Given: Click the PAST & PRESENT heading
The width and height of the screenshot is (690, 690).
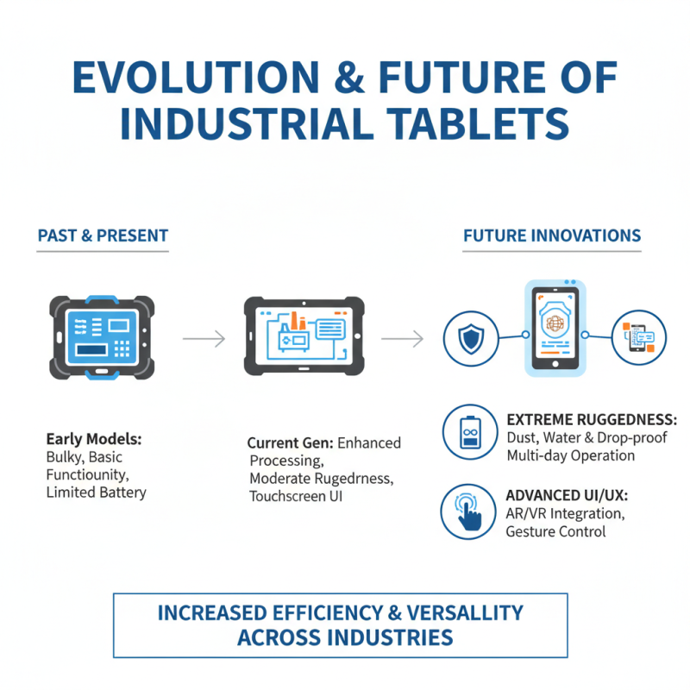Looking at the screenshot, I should point(103,235).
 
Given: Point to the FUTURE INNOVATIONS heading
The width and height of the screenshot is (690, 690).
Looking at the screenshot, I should point(552,235).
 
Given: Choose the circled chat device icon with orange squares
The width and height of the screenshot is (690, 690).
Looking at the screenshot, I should point(639,337).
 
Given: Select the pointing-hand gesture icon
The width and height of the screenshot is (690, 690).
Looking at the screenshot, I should point(468,512).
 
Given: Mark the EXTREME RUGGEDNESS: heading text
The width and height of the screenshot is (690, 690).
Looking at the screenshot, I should point(591,420).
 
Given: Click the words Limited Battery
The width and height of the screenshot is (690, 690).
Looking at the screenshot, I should point(97,492).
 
